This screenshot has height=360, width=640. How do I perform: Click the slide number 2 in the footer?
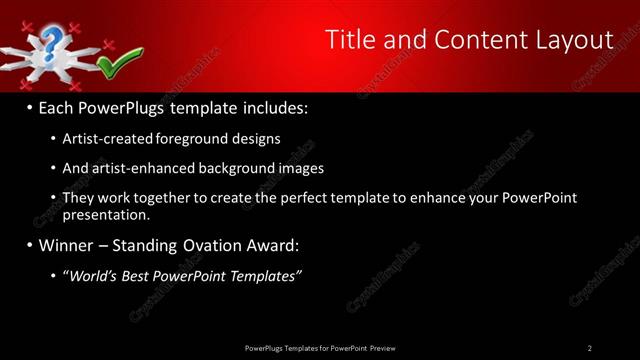click(590, 348)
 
